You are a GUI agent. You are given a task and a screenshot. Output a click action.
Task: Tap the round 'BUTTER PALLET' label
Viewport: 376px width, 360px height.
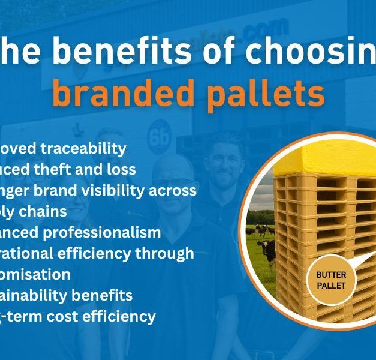click(x=332, y=280)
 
